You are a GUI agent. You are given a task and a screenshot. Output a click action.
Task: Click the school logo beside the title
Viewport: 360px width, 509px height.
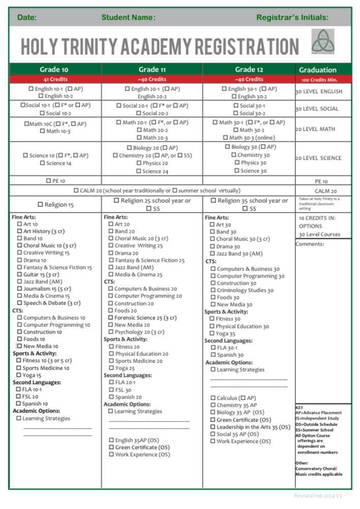[323, 41]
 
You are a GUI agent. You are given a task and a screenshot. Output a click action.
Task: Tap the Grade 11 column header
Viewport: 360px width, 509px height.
[152, 69]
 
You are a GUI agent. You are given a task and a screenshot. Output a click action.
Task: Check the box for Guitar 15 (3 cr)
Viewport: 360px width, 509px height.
[19, 275]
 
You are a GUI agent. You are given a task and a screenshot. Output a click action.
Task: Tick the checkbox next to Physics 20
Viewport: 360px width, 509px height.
[138, 163]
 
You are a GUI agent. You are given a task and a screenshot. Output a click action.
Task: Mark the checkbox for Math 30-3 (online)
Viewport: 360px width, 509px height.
[225, 137]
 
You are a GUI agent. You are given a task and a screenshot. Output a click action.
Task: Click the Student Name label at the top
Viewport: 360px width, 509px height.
[128, 17]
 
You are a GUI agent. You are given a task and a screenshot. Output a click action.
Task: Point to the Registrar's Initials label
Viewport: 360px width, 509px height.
[292, 17]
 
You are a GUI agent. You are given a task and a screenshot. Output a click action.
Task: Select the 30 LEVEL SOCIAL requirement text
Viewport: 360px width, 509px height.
[319, 109]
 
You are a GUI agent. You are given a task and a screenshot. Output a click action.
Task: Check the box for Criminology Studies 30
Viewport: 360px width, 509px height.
[213, 290]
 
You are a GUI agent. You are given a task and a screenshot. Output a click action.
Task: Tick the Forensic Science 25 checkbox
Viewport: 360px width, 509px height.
[110, 318]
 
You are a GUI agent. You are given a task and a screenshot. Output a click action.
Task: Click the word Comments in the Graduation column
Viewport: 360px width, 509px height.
[310, 244]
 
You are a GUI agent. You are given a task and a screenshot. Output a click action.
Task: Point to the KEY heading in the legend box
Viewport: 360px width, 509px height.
[299, 407]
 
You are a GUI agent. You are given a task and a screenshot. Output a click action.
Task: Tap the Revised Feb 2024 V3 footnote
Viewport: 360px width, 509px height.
[318, 496]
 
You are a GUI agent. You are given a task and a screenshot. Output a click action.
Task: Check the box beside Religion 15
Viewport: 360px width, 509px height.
[40, 205]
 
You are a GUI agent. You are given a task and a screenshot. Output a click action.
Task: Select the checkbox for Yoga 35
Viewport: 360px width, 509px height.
[213, 334]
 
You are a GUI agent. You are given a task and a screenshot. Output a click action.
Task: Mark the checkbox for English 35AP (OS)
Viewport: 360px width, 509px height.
[111, 440]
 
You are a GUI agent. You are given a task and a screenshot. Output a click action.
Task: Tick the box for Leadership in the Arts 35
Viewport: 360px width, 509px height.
[213, 427]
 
